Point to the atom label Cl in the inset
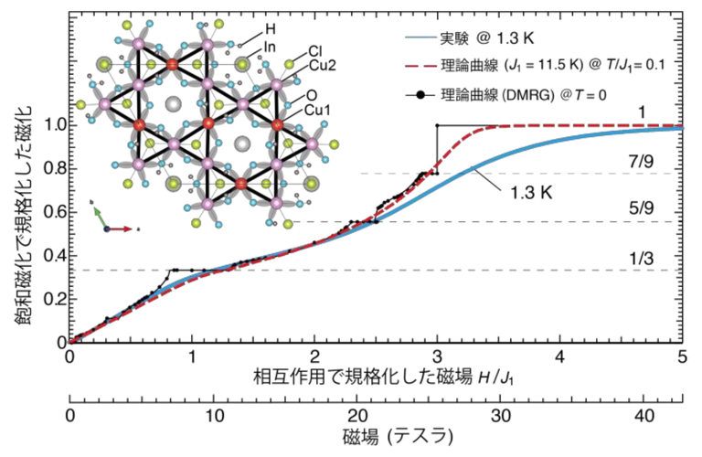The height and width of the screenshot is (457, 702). pyautogui.click(x=314, y=50)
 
